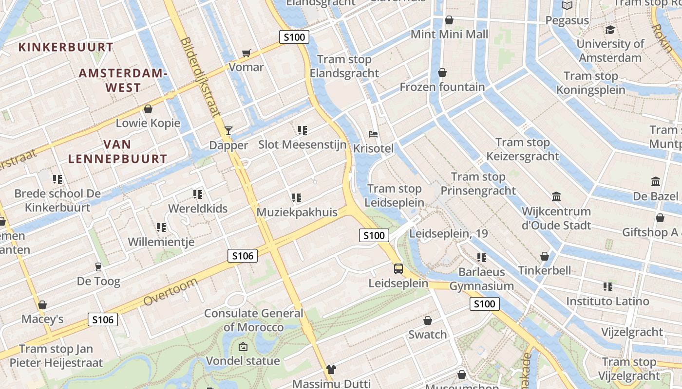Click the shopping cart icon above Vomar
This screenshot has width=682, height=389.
[x=246, y=53]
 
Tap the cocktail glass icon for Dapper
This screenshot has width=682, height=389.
[x=228, y=130]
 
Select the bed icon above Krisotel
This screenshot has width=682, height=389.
[x=373, y=134]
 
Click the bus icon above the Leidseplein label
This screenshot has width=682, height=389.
[x=398, y=268]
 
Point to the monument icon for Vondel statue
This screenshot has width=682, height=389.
[x=243, y=347]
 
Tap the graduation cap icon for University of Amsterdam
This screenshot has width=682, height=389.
[x=609, y=30]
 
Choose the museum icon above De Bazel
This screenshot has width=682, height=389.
[x=656, y=182]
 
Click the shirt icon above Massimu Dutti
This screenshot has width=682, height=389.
[x=331, y=370]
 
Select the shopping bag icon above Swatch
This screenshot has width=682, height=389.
[x=428, y=320]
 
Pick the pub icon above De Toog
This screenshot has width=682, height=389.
[x=98, y=266]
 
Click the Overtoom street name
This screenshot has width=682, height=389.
[x=171, y=292]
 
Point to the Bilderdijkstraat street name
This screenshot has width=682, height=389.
[x=200, y=78]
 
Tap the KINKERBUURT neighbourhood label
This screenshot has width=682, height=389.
[x=66, y=47]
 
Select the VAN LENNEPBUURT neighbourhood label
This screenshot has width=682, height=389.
[x=117, y=152]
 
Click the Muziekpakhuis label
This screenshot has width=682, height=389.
[x=297, y=212]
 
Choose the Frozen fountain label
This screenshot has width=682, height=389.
[x=442, y=87]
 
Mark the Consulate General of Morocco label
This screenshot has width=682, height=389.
[x=253, y=320]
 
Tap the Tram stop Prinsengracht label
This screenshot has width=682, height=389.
[x=478, y=184]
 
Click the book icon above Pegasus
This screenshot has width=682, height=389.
[x=567, y=6]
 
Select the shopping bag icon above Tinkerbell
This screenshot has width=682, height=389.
[x=545, y=256]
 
